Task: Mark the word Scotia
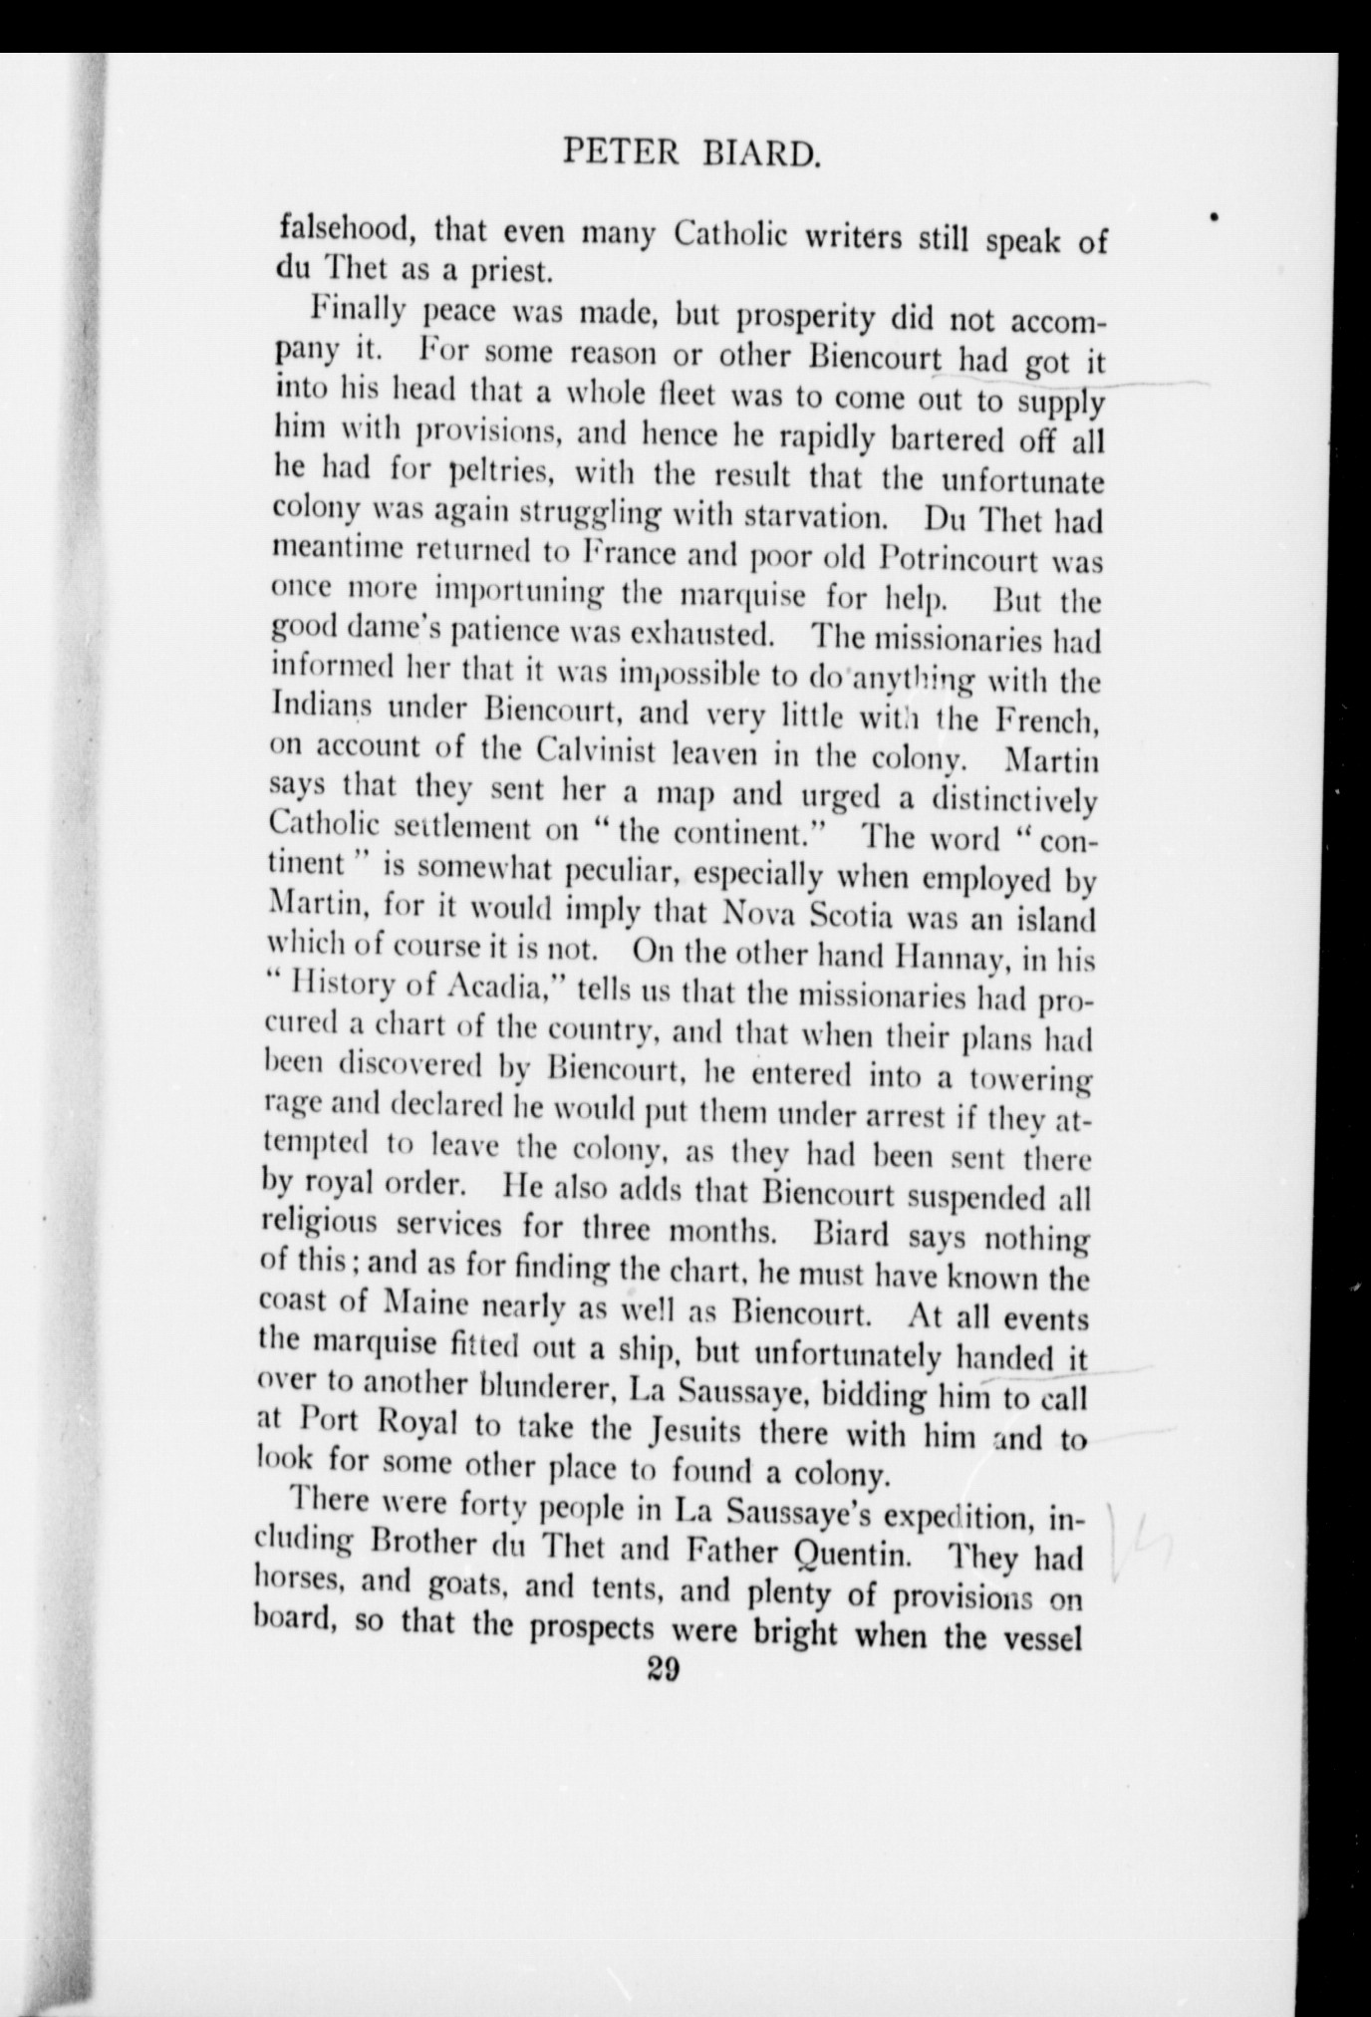point(866,917)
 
